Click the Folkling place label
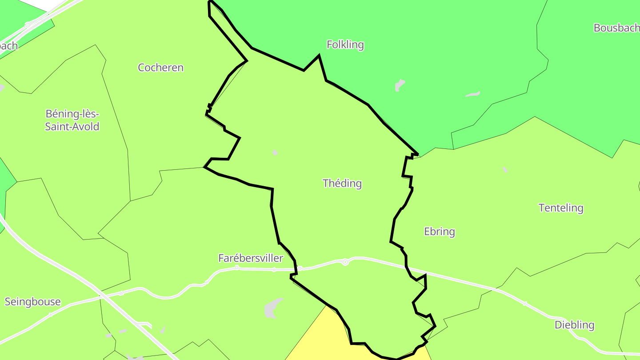(345, 44)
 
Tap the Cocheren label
(160, 68)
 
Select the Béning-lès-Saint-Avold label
(72, 120)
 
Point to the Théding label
(342, 183)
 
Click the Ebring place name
(439, 232)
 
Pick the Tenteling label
(560, 208)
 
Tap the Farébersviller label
(250, 258)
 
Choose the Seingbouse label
(32, 302)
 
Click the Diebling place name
(574, 325)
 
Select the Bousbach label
(616, 28)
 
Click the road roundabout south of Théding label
(345, 262)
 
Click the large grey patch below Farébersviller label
(272, 308)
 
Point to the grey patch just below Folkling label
(400, 85)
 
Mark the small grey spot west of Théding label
(275, 153)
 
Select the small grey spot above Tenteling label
(504, 170)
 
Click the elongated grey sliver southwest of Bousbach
(473, 94)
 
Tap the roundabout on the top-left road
(28, 25)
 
